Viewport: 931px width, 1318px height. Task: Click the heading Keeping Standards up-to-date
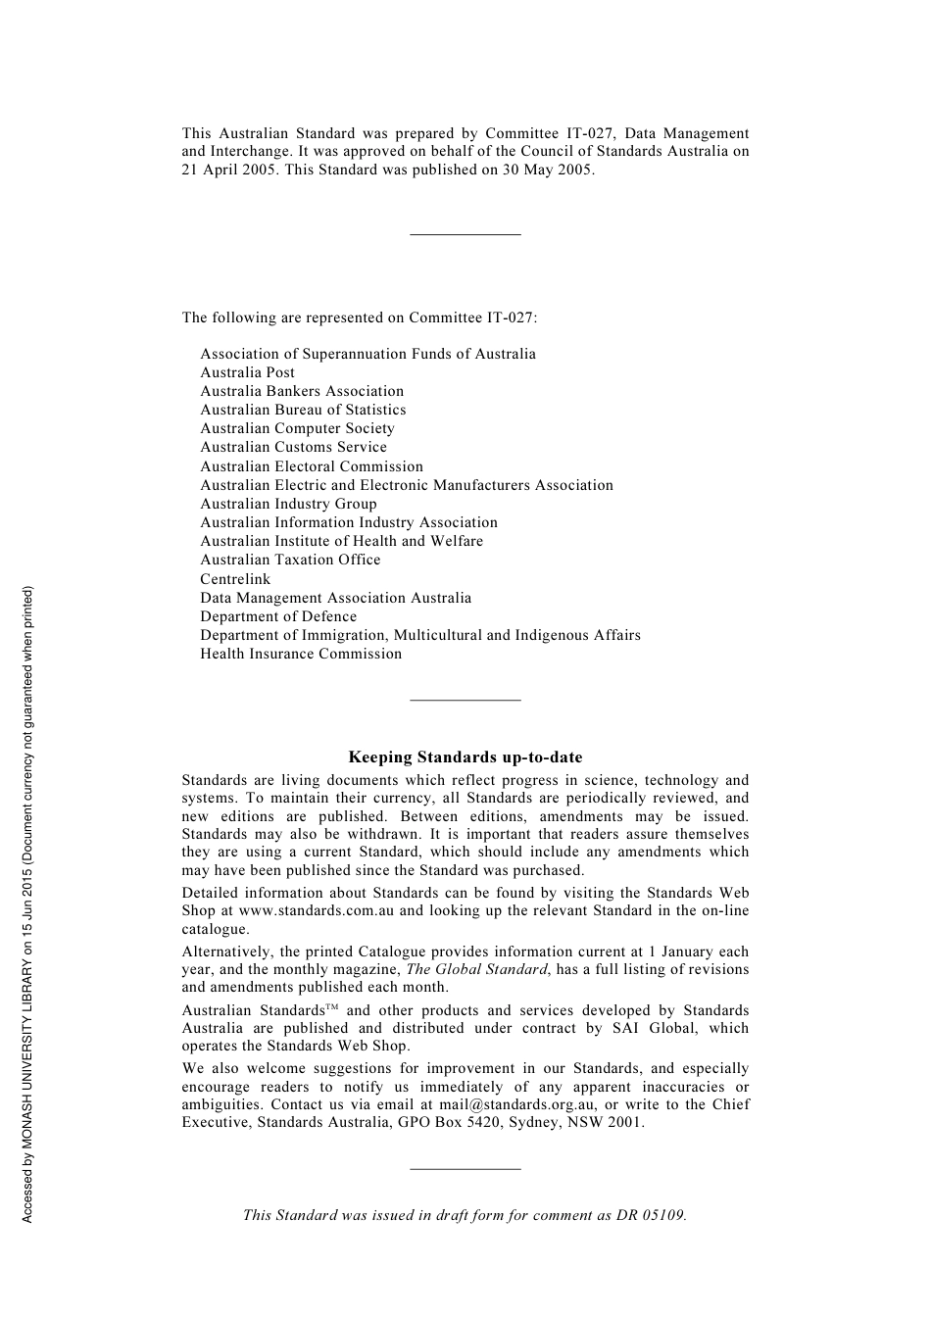click(x=465, y=757)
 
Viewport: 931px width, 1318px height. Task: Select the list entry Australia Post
click(x=247, y=372)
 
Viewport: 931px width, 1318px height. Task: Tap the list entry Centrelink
click(x=235, y=579)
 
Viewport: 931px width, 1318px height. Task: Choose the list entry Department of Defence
click(x=278, y=616)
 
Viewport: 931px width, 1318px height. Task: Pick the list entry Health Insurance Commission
click(x=301, y=654)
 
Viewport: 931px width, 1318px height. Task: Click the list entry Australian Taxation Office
click(x=290, y=560)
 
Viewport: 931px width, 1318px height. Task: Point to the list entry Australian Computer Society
click(x=297, y=428)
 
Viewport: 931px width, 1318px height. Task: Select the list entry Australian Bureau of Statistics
click(x=303, y=410)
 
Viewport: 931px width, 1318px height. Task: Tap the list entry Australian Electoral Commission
click(x=312, y=466)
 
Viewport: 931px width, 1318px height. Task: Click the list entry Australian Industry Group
click(x=288, y=504)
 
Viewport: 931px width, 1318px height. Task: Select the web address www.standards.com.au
click(x=317, y=910)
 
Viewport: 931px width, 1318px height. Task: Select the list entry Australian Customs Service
click(x=293, y=447)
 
